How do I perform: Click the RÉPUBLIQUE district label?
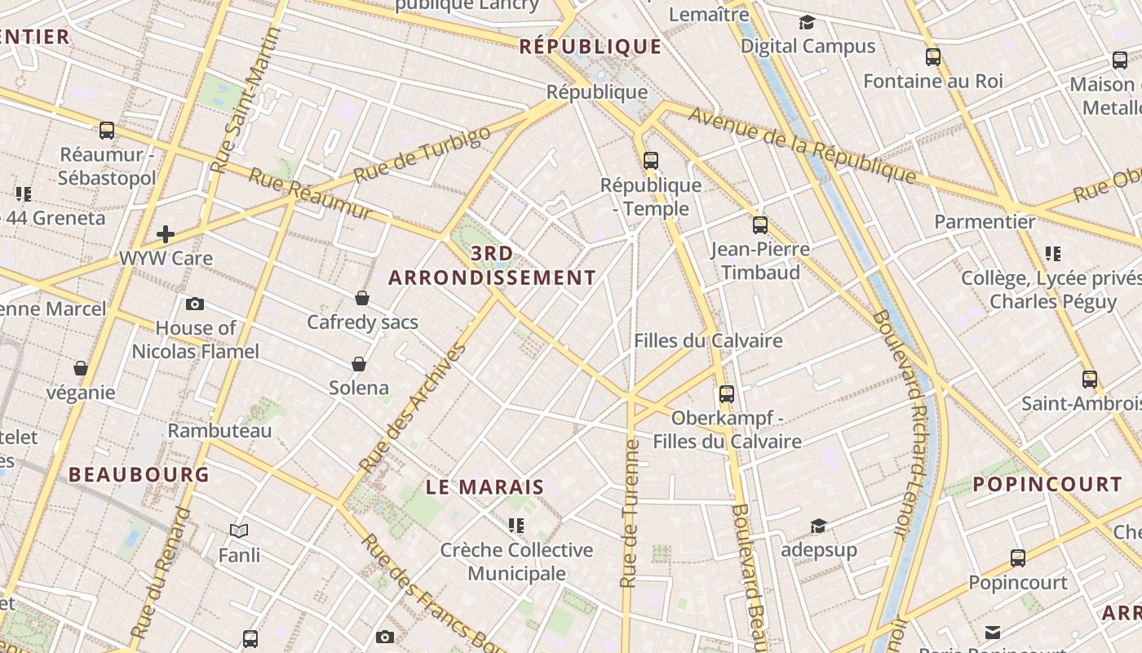click(591, 47)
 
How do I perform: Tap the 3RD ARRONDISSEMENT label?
click(492, 266)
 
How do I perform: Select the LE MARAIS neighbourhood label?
click(485, 487)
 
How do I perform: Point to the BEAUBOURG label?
click(139, 474)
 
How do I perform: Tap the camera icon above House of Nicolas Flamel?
click(195, 304)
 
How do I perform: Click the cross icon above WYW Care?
click(166, 235)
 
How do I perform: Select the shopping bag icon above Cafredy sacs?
click(362, 298)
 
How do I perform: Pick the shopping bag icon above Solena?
click(359, 363)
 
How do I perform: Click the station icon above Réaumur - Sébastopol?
click(107, 130)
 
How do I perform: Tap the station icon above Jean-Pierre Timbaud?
click(760, 224)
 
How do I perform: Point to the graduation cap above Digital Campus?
click(807, 23)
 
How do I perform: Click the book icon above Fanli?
click(239, 531)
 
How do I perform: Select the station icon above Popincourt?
click(1018, 558)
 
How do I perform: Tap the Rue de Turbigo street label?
click(423, 153)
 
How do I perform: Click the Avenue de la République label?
click(803, 144)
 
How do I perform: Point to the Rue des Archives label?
click(412, 408)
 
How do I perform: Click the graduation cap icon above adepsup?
click(818, 526)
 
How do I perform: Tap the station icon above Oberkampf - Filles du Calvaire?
click(727, 394)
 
